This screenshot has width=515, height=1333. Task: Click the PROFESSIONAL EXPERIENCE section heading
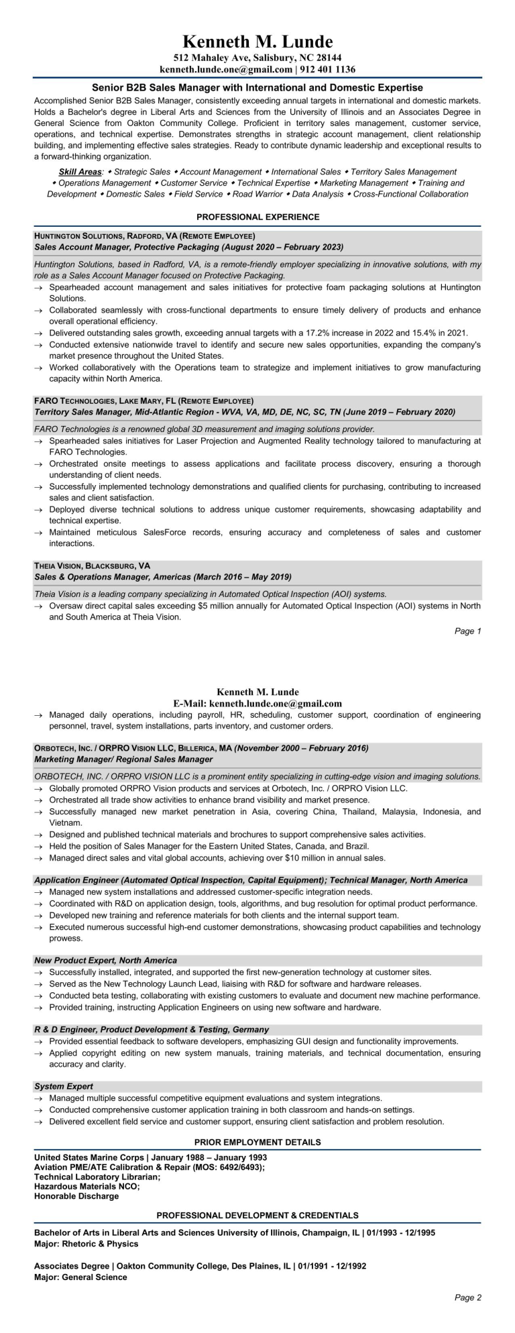tap(257, 217)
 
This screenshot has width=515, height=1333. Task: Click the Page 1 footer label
tap(467, 631)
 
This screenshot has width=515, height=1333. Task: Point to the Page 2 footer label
tap(467, 1316)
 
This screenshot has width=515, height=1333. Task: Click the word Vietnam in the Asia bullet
tap(66, 822)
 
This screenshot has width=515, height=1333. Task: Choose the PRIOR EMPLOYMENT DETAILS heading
tap(257, 1142)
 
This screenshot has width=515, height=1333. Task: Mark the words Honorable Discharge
tap(76, 1195)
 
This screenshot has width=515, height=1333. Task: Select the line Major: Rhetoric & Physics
tap(86, 1244)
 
